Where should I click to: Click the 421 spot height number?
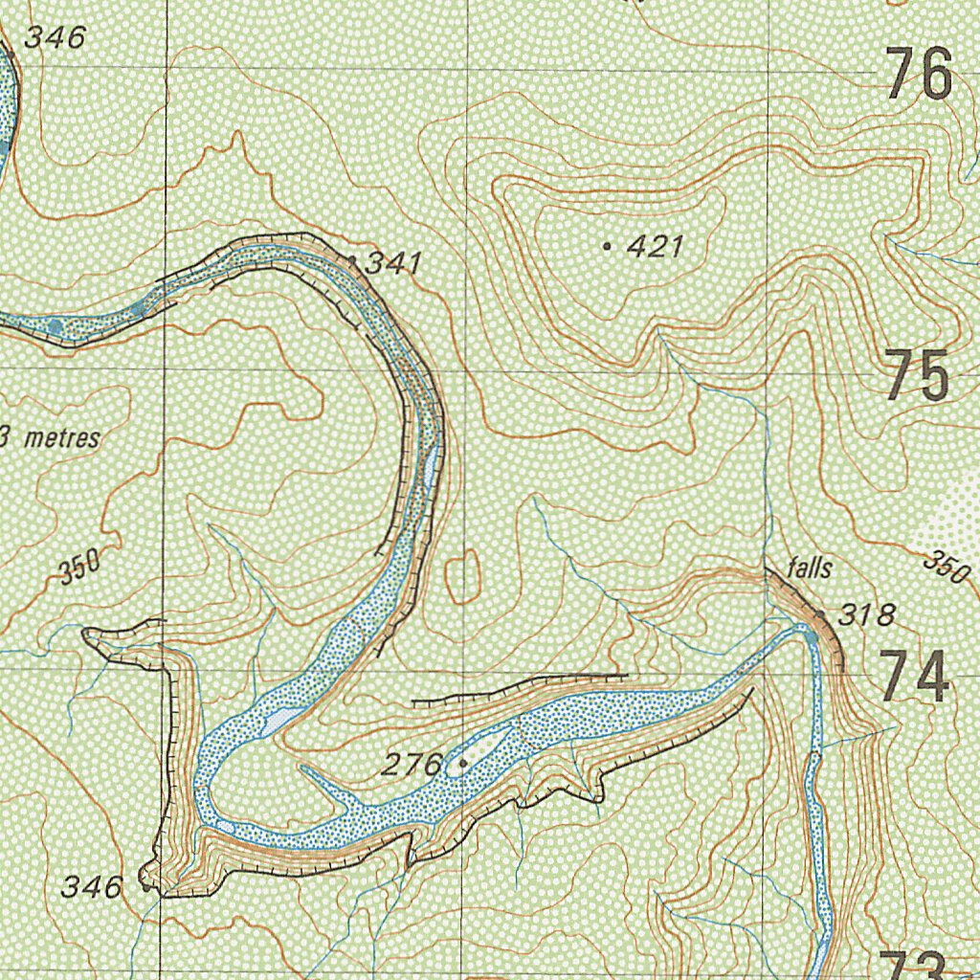(x=656, y=247)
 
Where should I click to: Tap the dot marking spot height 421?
(x=608, y=247)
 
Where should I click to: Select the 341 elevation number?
(x=393, y=262)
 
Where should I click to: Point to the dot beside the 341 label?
(x=352, y=259)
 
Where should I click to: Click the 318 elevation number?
(x=866, y=615)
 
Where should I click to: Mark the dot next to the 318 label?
(x=821, y=613)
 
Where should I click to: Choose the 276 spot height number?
(x=412, y=765)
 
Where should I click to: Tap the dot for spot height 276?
(x=463, y=764)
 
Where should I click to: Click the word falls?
(x=809, y=568)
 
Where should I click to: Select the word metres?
(x=62, y=438)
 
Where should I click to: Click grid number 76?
(x=919, y=76)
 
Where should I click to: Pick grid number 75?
(x=917, y=376)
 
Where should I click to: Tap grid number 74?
(x=915, y=676)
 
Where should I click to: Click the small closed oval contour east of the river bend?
(x=463, y=576)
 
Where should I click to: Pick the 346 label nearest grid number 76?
(x=55, y=38)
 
